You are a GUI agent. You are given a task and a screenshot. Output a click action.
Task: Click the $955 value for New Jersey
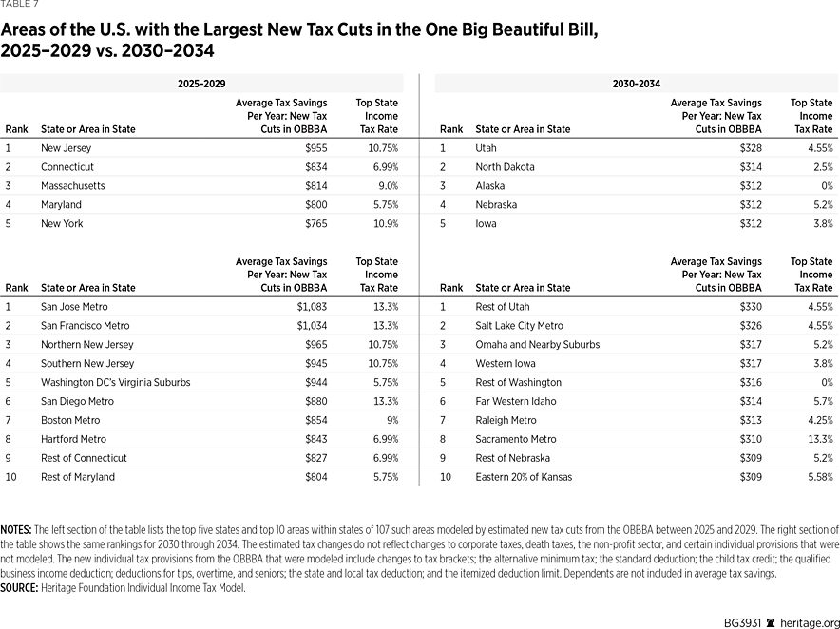pos(314,148)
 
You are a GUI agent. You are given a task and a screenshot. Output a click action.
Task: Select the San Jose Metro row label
pos(74,307)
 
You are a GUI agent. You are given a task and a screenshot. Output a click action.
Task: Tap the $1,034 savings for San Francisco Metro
pos(309,326)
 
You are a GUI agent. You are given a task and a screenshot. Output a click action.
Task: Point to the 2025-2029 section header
pos(201,84)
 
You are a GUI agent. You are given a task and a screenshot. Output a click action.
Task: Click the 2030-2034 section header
pos(636,84)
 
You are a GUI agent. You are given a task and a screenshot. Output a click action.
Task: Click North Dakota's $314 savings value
pos(749,167)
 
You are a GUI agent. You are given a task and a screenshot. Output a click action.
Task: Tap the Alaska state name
pos(491,186)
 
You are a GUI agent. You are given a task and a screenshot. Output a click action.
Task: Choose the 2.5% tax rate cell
pos(822,167)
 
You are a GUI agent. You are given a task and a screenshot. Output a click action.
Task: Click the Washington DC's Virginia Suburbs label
pos(115,383)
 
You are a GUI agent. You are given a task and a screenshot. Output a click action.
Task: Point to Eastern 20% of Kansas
pos(524,477)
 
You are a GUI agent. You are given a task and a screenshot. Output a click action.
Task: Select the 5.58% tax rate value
pos(818,477)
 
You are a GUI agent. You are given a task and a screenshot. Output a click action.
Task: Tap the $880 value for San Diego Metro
pos(314,401)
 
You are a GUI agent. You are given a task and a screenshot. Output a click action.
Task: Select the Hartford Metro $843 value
pos(314,439)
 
